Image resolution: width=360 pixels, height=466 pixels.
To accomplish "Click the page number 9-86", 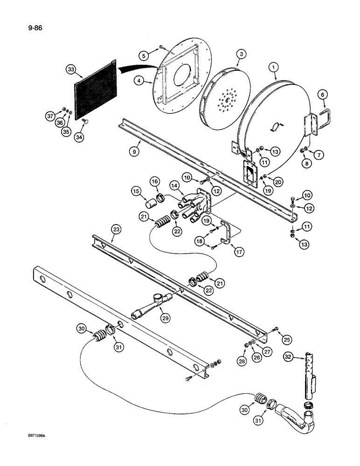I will click(29, 33).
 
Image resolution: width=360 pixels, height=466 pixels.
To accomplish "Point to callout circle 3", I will click(240, 55).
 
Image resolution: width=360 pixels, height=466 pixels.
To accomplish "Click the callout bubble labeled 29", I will click(166, 318).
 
